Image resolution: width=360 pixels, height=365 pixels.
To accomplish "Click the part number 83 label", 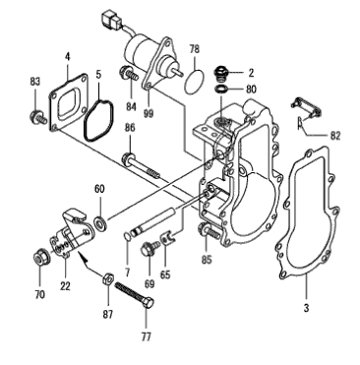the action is pos(35,82).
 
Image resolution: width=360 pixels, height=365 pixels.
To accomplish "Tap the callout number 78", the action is pos(194,49).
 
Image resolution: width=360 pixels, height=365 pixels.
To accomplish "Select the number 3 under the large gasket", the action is pos(306,308).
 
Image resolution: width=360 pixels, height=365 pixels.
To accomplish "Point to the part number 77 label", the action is pos(147,336).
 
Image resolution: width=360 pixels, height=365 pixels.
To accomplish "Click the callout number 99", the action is pos(149,113).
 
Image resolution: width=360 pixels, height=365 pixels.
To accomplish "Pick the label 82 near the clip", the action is pos(335,136).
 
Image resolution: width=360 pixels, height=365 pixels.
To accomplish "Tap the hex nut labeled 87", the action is pos(107,279).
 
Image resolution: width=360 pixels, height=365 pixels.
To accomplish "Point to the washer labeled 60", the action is pos(100,222).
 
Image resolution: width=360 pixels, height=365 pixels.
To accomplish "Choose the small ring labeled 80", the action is pos(220,89).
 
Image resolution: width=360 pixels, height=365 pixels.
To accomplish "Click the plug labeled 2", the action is pos(220,74).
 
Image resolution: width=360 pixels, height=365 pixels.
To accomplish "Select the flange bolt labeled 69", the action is pos(149,248).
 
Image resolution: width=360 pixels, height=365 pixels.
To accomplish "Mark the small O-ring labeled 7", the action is pos(127,235).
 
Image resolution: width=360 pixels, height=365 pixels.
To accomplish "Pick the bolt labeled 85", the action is pos(209,230).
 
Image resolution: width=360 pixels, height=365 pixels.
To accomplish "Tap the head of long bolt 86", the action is pos(128,158).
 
